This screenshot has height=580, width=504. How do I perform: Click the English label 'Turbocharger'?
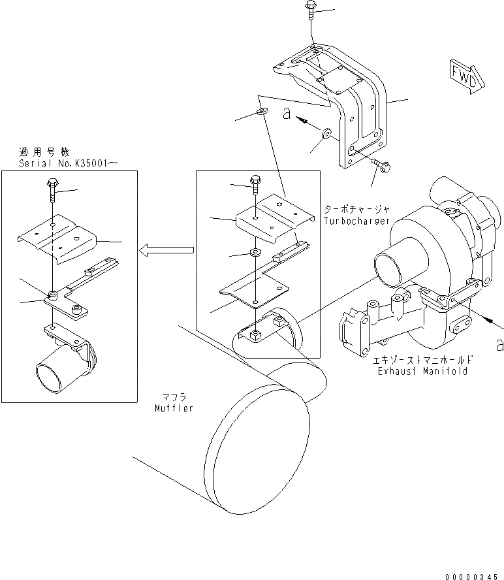coord(356,221)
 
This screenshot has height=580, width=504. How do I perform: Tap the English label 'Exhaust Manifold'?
coord(422,371)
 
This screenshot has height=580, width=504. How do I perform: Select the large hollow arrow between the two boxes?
coord(167,249)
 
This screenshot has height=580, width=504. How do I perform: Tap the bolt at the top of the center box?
coord(256,182)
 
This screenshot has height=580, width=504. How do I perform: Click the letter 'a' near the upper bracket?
coord(287,114)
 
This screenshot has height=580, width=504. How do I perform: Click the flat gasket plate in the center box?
coord(255,289)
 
